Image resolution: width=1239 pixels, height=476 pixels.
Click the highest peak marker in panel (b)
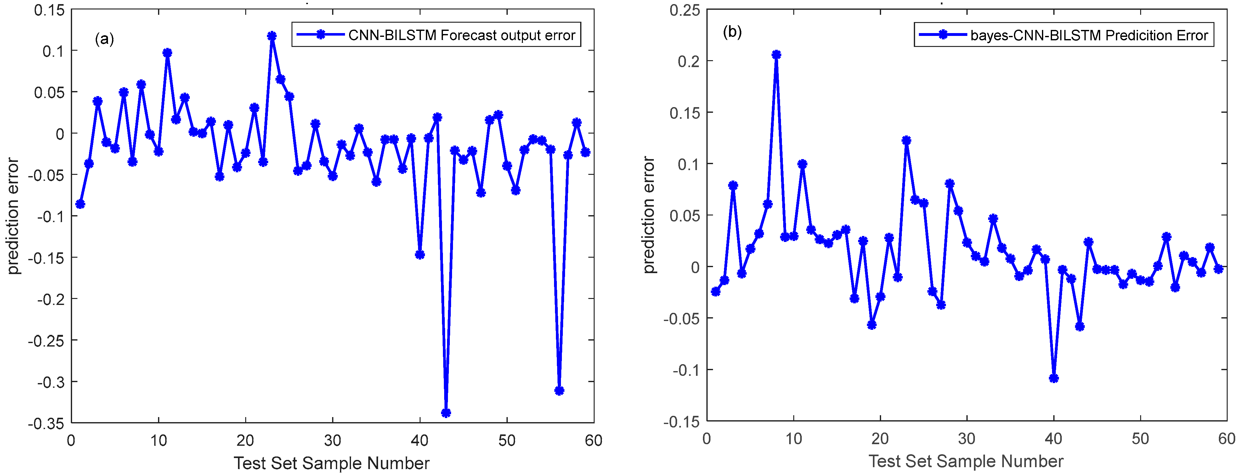click(776, 55)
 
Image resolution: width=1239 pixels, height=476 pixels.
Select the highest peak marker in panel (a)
click(272, 36)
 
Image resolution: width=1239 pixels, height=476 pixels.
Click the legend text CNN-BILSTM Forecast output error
click(462, 35)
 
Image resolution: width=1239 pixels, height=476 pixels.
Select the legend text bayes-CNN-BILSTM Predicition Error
click(1089, 35)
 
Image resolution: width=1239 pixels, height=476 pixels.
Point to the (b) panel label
click(732, 32)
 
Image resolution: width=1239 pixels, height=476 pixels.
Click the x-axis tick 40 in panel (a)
click(419, 440)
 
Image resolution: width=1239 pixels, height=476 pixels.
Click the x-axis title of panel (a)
click(331, 463)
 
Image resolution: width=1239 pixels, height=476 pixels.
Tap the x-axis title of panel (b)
click(966, 461)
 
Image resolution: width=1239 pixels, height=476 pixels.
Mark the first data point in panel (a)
click(80, 204)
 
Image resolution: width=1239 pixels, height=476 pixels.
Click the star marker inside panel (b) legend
click(943, 35)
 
